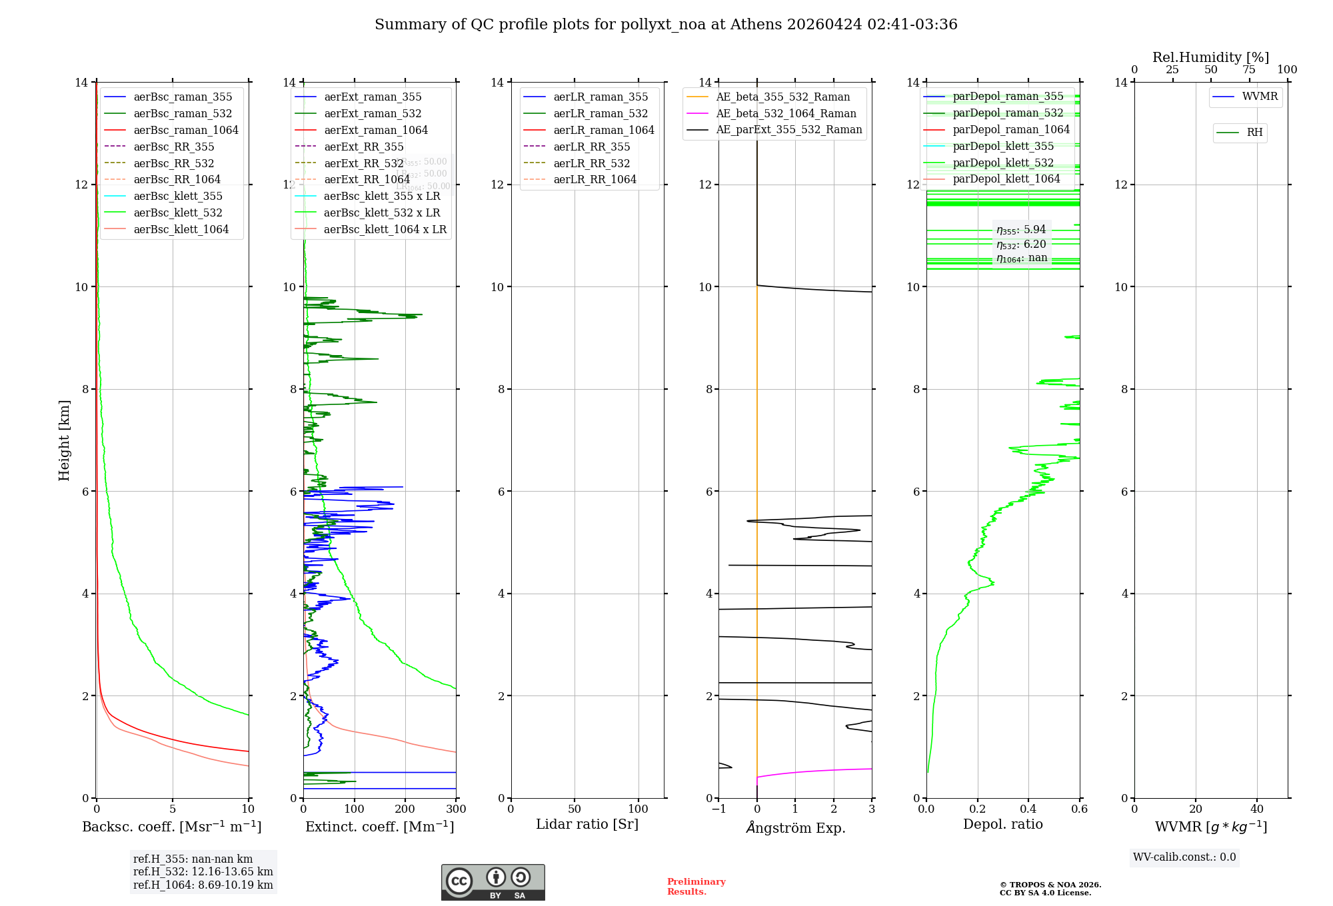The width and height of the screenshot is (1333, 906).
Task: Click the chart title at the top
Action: click(x=666, y=25)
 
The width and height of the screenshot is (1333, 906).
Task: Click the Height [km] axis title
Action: click(x=64, y=440)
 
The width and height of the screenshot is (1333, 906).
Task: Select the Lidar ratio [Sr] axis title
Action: click(x=587, y=824)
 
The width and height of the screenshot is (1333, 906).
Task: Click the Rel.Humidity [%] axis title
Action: click(x=1210, y=57)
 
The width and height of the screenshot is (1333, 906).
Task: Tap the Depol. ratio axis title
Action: click(x=1002, y=824)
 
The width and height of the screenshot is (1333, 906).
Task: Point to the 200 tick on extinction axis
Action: click(x=405, y=809)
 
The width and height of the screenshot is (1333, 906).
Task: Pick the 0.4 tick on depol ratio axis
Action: click(x=1028, y=809)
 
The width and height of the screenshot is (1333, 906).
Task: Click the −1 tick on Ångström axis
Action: click(x=718, y=809)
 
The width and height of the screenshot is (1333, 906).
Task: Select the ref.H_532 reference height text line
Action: click(x=203, y=871)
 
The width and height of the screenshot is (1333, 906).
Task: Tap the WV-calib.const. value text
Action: click(x=1184, y=857)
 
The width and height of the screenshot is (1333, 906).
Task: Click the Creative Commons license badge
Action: click(x=493, y=882)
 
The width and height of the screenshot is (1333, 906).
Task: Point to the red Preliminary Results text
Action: click(x=696, y=887)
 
